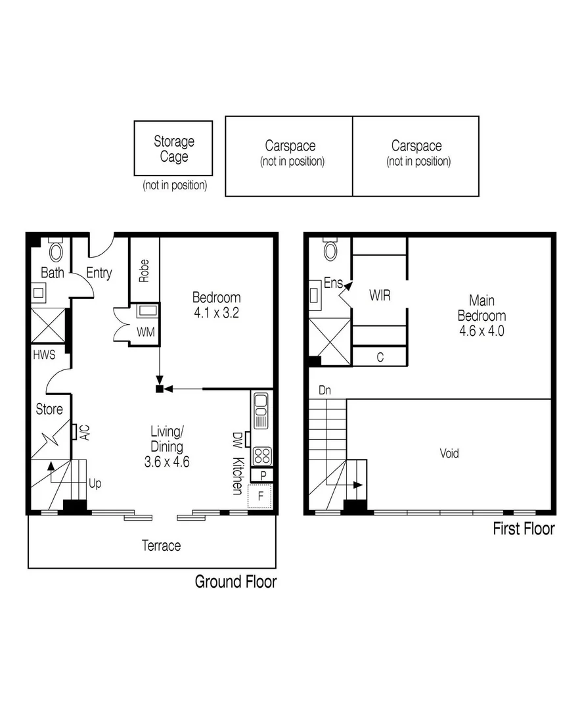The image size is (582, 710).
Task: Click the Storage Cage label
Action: [174, 149]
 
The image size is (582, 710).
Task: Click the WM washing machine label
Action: [145, 332]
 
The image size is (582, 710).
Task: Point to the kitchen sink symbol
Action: [261, 410]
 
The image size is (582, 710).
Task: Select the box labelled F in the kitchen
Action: [260, 496]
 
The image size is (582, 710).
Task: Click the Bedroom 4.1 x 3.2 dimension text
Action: [216, 313]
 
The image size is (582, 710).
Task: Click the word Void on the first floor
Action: [449, 453]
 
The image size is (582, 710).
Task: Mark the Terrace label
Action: [162, 545]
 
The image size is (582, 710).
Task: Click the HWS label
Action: [43, 356]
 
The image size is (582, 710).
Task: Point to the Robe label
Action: [144, 271]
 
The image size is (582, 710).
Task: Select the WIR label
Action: [380, 296]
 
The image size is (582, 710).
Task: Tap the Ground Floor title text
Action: [235, 581]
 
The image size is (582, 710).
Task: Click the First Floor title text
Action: [524, 529]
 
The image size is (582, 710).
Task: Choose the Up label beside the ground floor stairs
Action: [95, 483]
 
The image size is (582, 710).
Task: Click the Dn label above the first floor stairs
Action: [325, 390]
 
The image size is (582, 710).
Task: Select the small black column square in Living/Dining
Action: [159, 389]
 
